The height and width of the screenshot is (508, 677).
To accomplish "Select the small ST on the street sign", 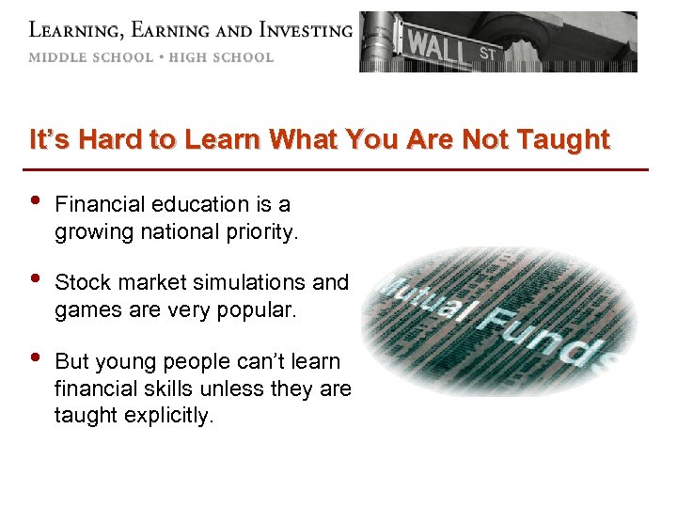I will (487, 54).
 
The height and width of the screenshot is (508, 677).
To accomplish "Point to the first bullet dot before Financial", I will (35, 202).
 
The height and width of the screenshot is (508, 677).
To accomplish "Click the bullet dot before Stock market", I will (35, 280).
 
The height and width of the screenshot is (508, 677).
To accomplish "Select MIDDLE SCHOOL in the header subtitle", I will (90, 57).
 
